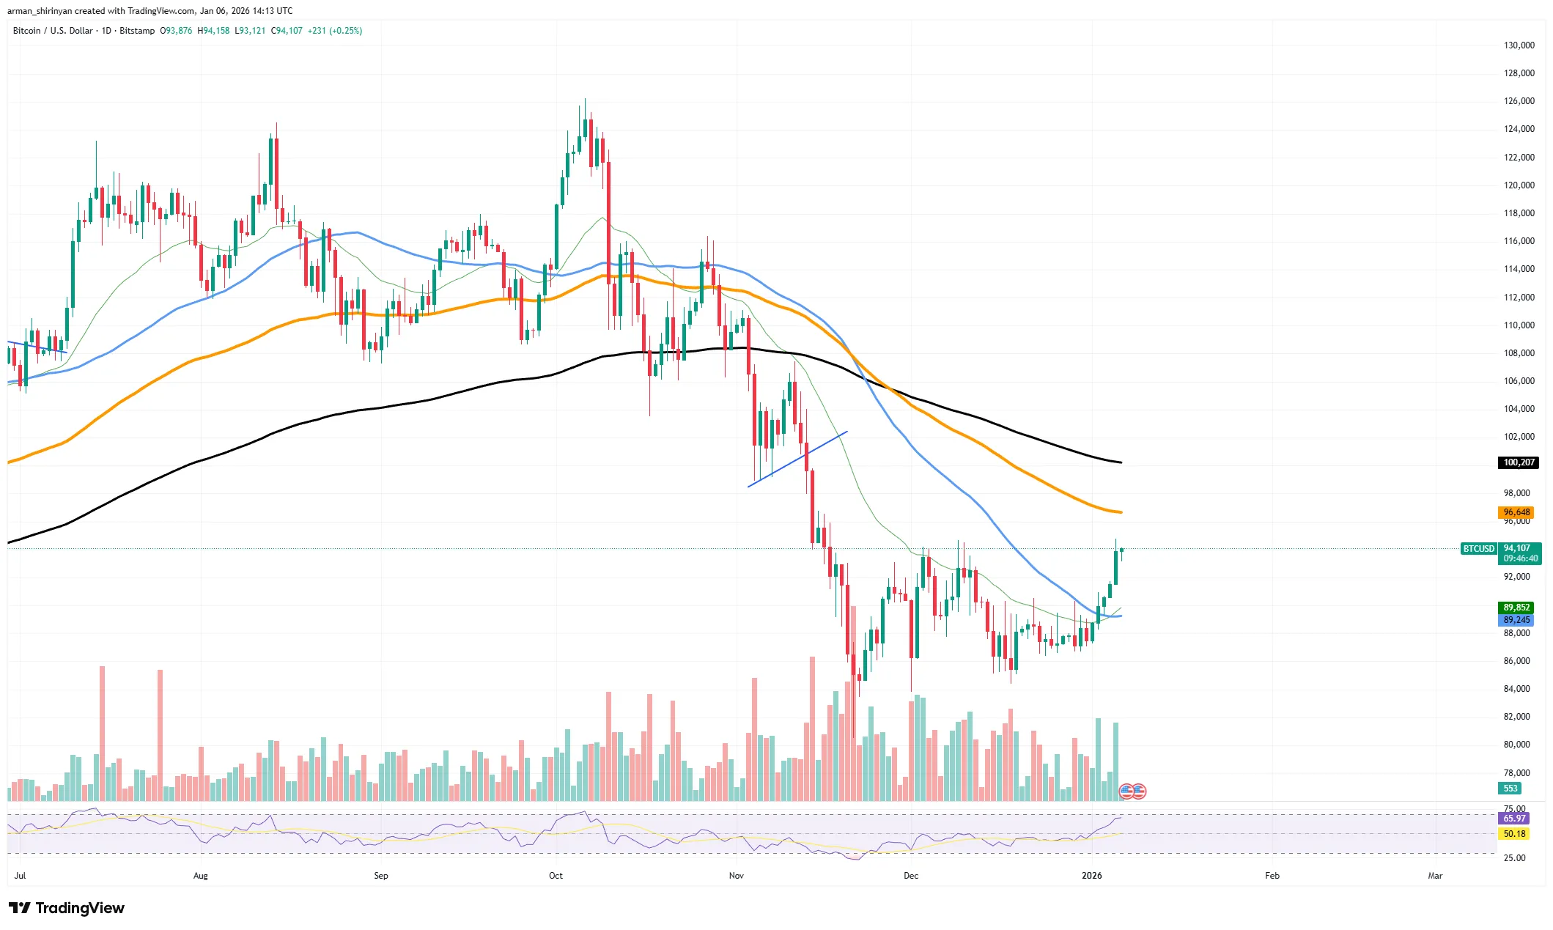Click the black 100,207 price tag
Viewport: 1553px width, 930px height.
1519,462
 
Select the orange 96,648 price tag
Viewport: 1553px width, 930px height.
1516,512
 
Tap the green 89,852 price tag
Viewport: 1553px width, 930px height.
1516,608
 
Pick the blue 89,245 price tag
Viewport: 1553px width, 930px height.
1516,620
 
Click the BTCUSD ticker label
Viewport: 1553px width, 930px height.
1478,548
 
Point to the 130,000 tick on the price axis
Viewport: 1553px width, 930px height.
1519,45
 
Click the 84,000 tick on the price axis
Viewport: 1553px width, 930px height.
1516,689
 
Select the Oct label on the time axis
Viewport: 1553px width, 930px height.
556,876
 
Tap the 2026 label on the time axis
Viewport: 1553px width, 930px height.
1091,876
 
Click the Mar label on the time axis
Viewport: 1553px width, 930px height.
1434,876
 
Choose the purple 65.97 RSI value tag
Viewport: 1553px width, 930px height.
1514,819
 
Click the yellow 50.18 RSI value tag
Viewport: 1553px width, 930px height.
1514,834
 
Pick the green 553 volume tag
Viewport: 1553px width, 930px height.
1510,789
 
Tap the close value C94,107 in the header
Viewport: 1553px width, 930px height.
287,31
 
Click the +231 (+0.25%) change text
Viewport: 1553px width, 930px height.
335,31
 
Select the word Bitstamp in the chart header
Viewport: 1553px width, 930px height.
137,31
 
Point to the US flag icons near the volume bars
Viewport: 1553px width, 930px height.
1132,791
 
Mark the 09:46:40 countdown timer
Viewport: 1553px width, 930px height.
1520,558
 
